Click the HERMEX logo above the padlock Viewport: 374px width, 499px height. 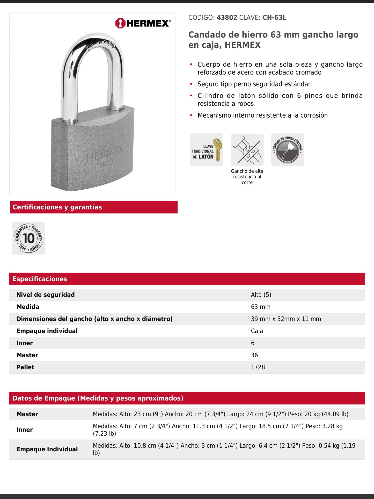[x=143, y=23]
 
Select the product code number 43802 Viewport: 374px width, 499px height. [x=227, y=18]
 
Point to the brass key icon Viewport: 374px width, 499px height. [x=217, y=150]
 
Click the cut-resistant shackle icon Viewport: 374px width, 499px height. [x=247, y=150]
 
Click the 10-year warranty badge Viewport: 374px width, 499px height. [x=28, y=238]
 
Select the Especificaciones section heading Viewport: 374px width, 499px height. [x=40, y=279]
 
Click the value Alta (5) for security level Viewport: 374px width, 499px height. [x=261, y=295]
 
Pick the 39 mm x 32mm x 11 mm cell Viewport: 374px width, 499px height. [x=286, y=319]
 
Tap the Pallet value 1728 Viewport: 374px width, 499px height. [x=258, y=367]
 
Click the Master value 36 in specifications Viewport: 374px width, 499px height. [x=254, y=355]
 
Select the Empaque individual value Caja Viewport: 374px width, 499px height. [x=257, y=331]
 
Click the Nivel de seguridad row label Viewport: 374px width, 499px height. [x=46, y=295]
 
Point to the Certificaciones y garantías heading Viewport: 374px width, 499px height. [x=57, y=207]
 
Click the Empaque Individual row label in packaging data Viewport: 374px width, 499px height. [x=47, y=449]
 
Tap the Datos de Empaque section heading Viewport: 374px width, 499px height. [x=98, y=398]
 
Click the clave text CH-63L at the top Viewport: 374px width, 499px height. [x=274, y=18]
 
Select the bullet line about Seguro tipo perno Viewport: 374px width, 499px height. [x=254, y=84]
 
